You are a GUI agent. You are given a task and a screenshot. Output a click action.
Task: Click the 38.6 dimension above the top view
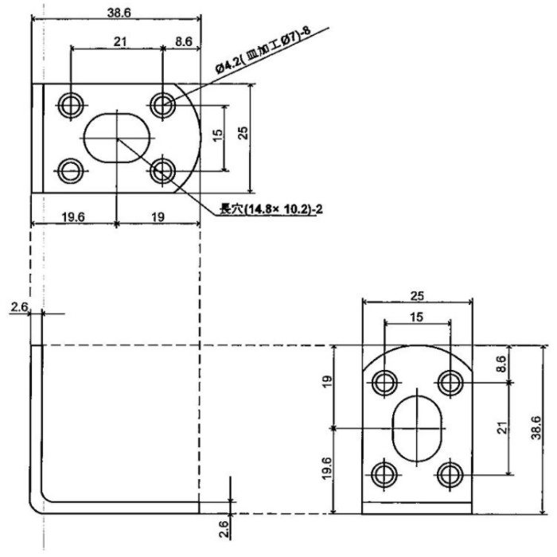tap(117, 11)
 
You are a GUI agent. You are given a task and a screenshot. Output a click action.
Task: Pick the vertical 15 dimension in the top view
tap(217, 136)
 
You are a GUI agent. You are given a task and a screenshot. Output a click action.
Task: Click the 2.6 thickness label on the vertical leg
tap(19, 306)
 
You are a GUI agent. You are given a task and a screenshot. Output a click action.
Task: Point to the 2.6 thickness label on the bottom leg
tap(224, 526)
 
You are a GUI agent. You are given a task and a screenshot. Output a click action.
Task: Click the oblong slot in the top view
tap(118, 138)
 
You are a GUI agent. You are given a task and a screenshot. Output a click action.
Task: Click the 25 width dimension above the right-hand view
tap(418, 295)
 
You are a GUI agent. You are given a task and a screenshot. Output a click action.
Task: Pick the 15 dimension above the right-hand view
tap(418, 316)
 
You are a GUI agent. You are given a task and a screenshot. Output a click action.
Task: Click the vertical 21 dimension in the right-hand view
tap(502, 428)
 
